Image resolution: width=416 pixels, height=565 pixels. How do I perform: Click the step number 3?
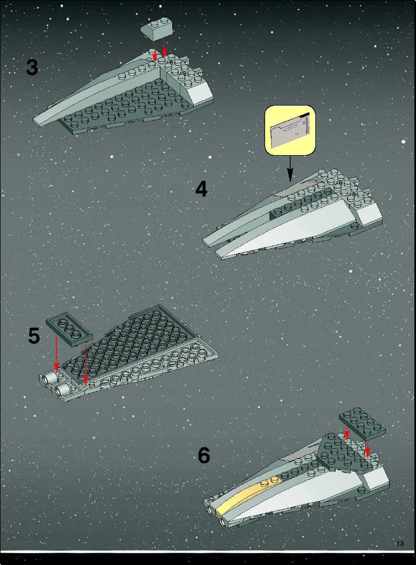click(x=32, y=67)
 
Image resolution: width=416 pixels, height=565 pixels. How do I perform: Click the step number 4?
click(x=201, y=189)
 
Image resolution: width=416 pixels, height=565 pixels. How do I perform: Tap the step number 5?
click(x=34, y=336)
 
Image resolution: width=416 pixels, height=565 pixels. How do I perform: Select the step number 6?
click(x=204, y=455)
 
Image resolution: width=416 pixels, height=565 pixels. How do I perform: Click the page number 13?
click(x=400, y=544)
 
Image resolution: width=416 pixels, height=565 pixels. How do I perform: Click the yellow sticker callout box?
click(x=290, y=130)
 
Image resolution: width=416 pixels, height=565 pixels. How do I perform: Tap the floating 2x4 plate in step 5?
click(x=69, y=329)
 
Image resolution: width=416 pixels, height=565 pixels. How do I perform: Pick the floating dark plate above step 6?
click(x=362, y=423)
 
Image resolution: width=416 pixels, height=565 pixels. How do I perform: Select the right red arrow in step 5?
click(x=86, y=365)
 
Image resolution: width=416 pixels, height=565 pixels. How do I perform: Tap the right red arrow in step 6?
click(x=368, y=447)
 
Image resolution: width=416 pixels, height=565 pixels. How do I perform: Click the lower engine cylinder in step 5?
click(x=62, y=389)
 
